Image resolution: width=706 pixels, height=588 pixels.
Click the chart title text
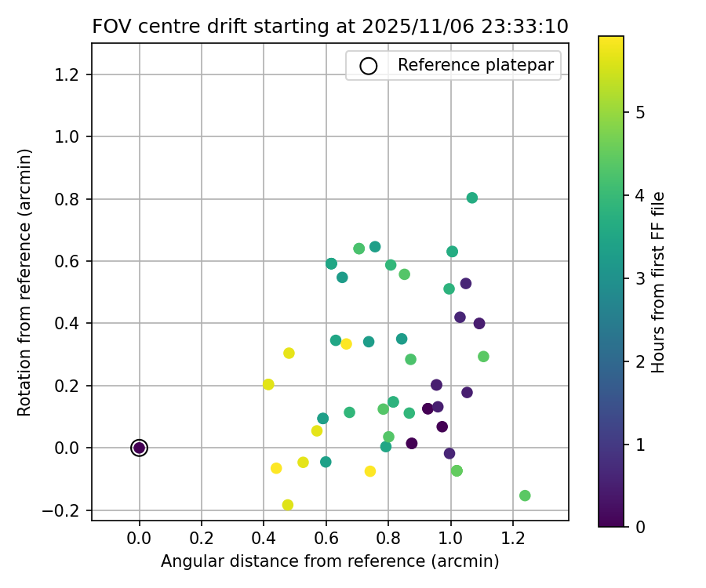click(329, 26)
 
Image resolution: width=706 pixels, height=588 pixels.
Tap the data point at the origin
click(140, 448)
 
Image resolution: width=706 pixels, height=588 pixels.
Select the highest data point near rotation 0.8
click(472, 198)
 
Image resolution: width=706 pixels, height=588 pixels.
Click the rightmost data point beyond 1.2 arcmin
click(525, 495)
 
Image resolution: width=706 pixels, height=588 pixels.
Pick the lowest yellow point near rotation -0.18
click(288, 505)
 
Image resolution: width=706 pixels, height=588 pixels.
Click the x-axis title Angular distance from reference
click(329, 561)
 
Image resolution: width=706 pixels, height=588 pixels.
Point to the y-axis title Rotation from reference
click(24, 282)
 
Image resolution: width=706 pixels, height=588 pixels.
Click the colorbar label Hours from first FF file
click(659, 282)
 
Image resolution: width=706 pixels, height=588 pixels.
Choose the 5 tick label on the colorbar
click(641, 112)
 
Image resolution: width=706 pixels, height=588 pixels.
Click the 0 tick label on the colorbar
click(641, 526)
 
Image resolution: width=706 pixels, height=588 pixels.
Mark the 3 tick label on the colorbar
click(641, 278)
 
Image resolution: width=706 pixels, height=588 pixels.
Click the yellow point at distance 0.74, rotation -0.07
click(370, 471)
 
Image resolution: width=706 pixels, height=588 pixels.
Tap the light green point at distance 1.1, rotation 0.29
click(483, 357)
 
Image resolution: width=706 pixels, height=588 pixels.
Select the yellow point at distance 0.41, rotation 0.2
click(268, 384)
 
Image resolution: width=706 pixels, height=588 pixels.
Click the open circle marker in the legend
click(369, 66)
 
